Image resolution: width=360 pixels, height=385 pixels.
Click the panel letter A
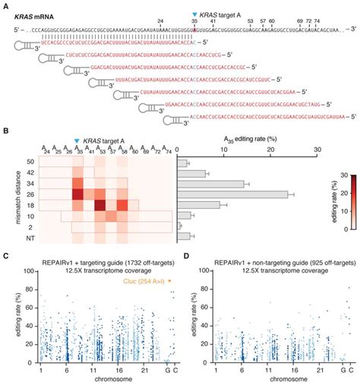[x=6, y=5]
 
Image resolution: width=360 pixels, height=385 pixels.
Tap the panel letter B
[x=6, y=131]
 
